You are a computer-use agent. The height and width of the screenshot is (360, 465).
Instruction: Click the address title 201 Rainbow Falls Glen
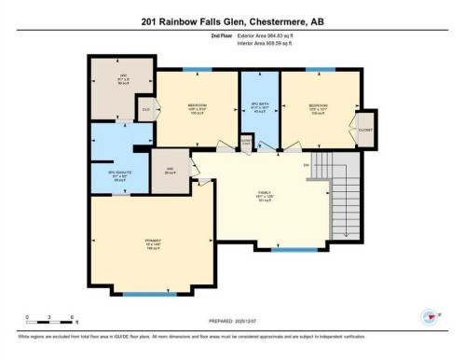(232, 21)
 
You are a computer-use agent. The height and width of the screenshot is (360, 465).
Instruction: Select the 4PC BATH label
(260, 106)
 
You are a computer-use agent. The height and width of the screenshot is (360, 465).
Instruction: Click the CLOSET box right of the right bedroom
(366, 130)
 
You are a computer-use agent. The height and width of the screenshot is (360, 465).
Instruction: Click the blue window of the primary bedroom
(149, 294)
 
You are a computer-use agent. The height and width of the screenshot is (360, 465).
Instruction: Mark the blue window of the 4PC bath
(258, 69)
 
